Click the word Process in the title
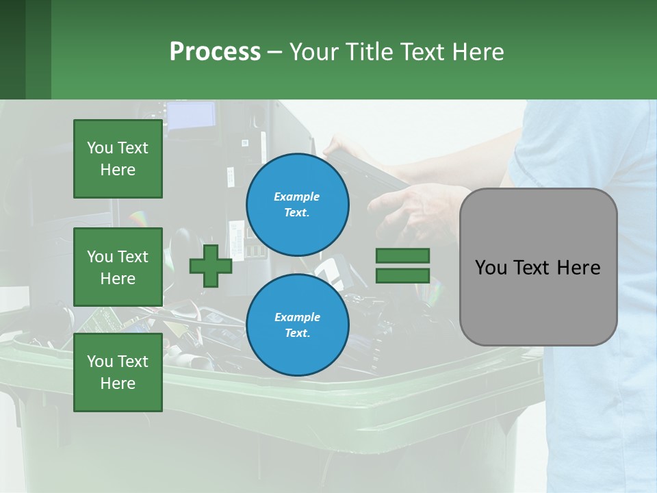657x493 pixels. point(215,52)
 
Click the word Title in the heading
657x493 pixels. point(367,52)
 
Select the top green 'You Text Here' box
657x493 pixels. point(118,159)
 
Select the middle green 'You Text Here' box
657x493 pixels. point(118,267)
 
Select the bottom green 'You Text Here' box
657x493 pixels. point(118,372)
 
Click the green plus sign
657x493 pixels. point(211,266)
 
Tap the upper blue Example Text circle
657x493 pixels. point(297,205)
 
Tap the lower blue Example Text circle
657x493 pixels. point(297,325)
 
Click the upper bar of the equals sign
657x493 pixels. point(402,256)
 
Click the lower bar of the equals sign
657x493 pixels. point(402,276)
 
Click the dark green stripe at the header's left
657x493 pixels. point(12,49)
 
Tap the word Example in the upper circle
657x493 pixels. point(297,197)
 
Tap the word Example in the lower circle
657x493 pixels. point(297,317)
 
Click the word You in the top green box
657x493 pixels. point(100,148)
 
